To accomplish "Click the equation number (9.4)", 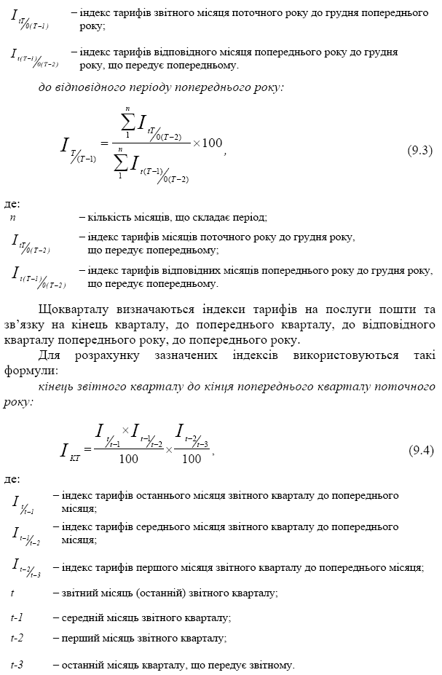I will pyautogui.click(x=420, y=449).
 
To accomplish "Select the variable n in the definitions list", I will pyautogui.click(x=13, y=217).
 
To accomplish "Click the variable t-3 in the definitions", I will pyautogui.click(x=17, y=665).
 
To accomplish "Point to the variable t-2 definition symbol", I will pyautogui.click(x=17, y=638).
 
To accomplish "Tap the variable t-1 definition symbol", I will pyautogui.click(x=17, y=617).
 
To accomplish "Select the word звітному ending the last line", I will pyautogui.click(x=272, y=665).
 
